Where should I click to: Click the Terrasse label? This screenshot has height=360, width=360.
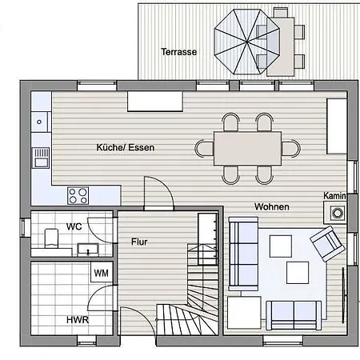(x=179, y=52)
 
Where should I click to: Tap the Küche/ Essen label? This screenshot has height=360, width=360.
(x=126, y=147)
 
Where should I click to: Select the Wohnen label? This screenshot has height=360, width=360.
(x=272, y=206)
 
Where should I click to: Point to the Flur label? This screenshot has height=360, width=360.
(x=139, y=242)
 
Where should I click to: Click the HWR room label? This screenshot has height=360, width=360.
(x=78, y=320)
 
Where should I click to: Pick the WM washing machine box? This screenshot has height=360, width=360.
(x=102, y=272)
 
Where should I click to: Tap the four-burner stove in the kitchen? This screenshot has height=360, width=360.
(x=78, y=195)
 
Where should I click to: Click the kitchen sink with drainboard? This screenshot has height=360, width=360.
(x=41, y=158)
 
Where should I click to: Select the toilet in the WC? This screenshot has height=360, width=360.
(x=51, y=238)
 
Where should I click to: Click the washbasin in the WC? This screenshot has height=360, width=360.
(x=88, y=250)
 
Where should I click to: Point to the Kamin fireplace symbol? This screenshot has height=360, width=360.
(x=335, y=213)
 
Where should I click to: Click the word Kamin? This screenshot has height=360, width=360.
(x=334, y=196)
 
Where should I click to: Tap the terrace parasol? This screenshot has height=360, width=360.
(x=247, y=42)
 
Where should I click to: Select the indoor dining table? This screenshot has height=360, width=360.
(x=247, y=149)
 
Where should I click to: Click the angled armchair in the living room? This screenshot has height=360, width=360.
(x=327, y=244)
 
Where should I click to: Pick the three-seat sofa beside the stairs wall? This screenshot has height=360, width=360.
(x=243, y=254)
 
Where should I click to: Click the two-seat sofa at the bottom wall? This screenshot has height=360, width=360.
(x=294, y=315)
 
